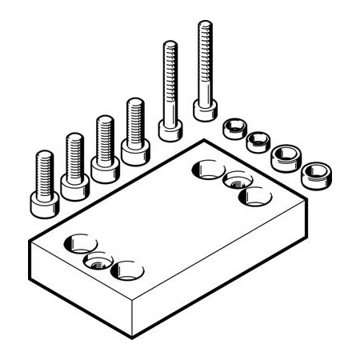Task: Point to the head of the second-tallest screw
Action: coord(170,127)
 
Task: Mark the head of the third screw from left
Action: coord(104,168)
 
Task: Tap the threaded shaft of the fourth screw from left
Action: coord(134,116)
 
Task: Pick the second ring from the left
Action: coord(257,142)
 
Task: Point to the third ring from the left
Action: coord(284,156)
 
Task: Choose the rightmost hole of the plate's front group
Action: coord(126,270)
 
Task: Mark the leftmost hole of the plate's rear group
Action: coord(207,170)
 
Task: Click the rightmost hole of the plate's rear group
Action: coord(255,195)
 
